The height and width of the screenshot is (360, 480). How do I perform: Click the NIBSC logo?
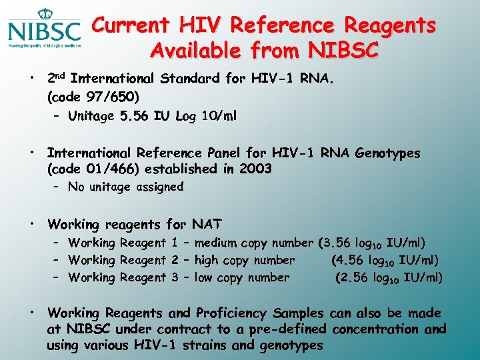click(x=44, y=29)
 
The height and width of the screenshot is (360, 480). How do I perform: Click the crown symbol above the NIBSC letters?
click(x=45, y=13)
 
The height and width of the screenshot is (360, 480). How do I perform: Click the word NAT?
click(x=207, y=224)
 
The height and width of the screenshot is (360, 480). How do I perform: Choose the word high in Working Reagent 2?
click(x=207, y=260)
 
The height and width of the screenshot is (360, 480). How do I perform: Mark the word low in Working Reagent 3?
click(x=204, y=277)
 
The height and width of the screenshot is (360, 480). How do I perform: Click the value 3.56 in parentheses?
click(x=339, y=243)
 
